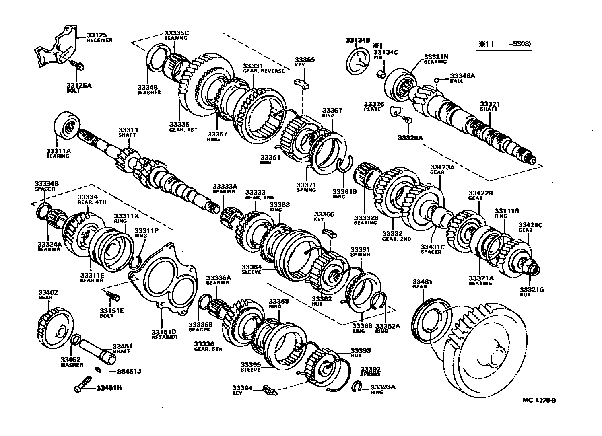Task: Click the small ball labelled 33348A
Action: pos(436,80)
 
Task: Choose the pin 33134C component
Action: pos(382,74)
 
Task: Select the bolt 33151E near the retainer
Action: pos(113,297)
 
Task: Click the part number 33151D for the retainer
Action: pos(164,332)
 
